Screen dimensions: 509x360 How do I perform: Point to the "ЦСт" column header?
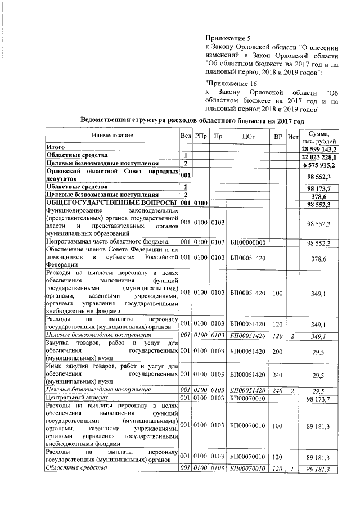pyautogui.click(x=249, y=136)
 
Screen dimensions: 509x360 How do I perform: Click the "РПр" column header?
pyautogui.click(x=201, y=136)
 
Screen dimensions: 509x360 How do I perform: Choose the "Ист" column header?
pyautogui.click(x=292, y=136)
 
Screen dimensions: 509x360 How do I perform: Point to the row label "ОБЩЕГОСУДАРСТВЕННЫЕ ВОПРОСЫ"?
pyautogui.click(x=111, y=202)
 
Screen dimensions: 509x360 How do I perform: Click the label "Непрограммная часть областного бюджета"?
pyautogui.click(x=107, y=242)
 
